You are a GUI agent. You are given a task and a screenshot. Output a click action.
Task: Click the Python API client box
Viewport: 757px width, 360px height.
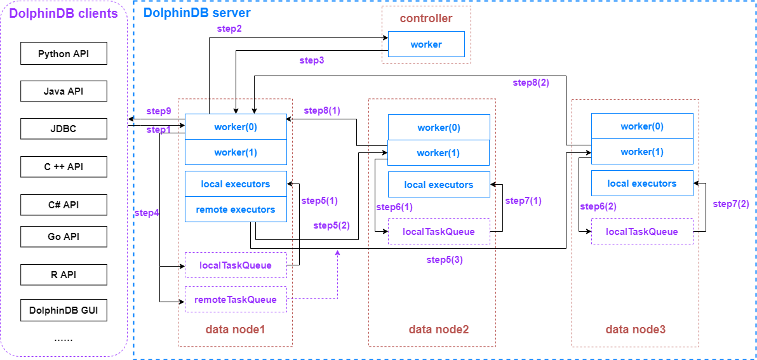(64, 54)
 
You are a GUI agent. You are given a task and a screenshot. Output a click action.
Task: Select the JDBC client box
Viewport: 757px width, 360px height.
(64, 129)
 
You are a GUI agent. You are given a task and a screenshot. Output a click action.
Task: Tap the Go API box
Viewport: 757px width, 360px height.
(64, 237)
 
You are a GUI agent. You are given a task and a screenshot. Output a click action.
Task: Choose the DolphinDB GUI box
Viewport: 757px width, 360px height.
(64, 311)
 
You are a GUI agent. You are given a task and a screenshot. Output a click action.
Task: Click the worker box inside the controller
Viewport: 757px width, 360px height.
(426, 44)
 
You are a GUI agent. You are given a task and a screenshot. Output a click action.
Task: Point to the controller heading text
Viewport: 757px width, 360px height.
(426, 18)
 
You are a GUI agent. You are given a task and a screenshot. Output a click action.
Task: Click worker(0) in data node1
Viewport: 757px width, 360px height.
(236, 127)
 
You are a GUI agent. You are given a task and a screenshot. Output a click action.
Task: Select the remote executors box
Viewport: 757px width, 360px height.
(236, 210)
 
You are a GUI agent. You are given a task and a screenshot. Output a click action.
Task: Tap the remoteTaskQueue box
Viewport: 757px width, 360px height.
(236, 300)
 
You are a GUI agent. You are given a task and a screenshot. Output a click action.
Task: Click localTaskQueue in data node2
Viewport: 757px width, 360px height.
(439, 232)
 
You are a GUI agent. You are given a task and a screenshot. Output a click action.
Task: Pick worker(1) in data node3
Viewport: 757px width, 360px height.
(642, 152)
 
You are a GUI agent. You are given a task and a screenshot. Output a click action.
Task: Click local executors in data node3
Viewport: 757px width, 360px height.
(642, 183)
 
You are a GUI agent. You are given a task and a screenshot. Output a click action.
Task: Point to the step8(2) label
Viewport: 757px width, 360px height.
(531, 83)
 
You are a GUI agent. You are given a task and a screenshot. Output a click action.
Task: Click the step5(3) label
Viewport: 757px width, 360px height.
(445, 260)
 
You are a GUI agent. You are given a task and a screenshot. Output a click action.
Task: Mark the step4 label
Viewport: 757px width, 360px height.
(147, 213)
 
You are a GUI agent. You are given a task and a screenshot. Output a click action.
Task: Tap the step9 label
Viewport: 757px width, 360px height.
(159, 111)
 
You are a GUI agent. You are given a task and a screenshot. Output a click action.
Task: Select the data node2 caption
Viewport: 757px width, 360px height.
(439, 330)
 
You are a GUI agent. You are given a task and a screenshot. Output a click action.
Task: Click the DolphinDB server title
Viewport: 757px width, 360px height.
(197, 13)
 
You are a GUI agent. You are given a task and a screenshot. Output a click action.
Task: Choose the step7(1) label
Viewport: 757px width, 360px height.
(523, 201)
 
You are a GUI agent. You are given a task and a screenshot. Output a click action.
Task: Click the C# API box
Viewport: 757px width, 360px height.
(64, 205)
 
